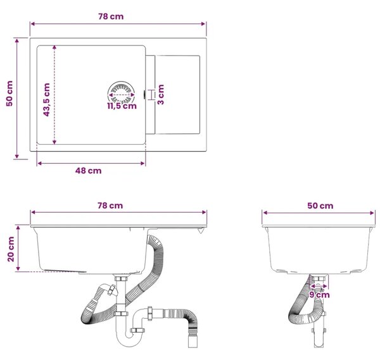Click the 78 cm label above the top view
click(111, 16)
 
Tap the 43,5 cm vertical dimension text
click(46, 100)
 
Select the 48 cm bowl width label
click(88, 171)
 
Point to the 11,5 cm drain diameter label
click(122, 106)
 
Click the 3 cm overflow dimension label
click(160, 94)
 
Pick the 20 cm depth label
click(11, 249)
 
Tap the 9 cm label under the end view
click(319, 295)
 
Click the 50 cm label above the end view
click(320, 206)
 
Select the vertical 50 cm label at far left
click(9, 94)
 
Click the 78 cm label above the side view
click(110, 206)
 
